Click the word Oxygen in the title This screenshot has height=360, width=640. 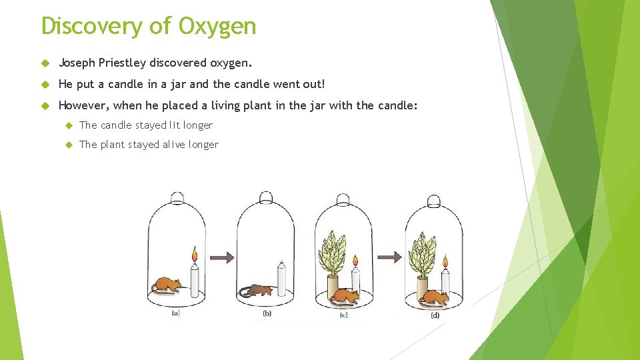pos(217,26)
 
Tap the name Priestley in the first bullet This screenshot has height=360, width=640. pos(122,63)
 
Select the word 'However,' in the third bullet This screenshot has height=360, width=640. pos(84,105)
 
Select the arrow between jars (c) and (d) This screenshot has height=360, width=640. pos(392,256)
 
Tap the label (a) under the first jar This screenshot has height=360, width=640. pos(175,313)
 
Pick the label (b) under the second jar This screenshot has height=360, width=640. pos(267,313)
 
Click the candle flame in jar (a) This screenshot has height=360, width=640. pos(195,254)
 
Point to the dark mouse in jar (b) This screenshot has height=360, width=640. pos(256,290)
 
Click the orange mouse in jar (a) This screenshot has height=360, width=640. pos(166,285)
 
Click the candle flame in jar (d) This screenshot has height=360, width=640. pos(445,262)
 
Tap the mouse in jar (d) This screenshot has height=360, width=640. pos(435,296)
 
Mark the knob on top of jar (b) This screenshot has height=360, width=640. pos(265,197)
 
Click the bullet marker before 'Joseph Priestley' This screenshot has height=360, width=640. pos(45,64)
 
